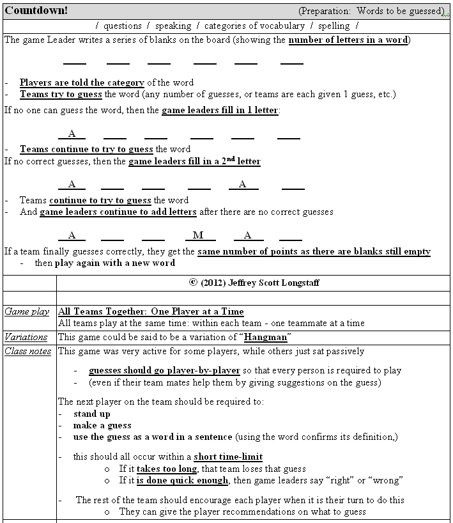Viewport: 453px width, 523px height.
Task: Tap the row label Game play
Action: coord(27,311)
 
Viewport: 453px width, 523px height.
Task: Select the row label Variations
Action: coord(26,336)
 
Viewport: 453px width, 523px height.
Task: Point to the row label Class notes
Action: coord(28,351)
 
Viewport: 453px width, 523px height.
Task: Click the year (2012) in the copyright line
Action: coord(215,281)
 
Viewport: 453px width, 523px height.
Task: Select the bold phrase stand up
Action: coord(91,414)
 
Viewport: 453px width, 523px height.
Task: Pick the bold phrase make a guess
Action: coord(102,425)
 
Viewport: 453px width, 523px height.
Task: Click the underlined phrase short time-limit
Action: coord(228,457)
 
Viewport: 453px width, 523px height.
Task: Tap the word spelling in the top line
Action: coord(334,26)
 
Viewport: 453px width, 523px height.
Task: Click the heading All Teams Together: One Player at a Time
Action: coord(151,311)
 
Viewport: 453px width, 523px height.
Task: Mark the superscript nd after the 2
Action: coord(229,159)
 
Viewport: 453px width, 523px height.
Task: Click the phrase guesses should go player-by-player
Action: coord(164,370)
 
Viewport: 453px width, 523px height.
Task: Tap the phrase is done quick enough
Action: coord(182,480)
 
